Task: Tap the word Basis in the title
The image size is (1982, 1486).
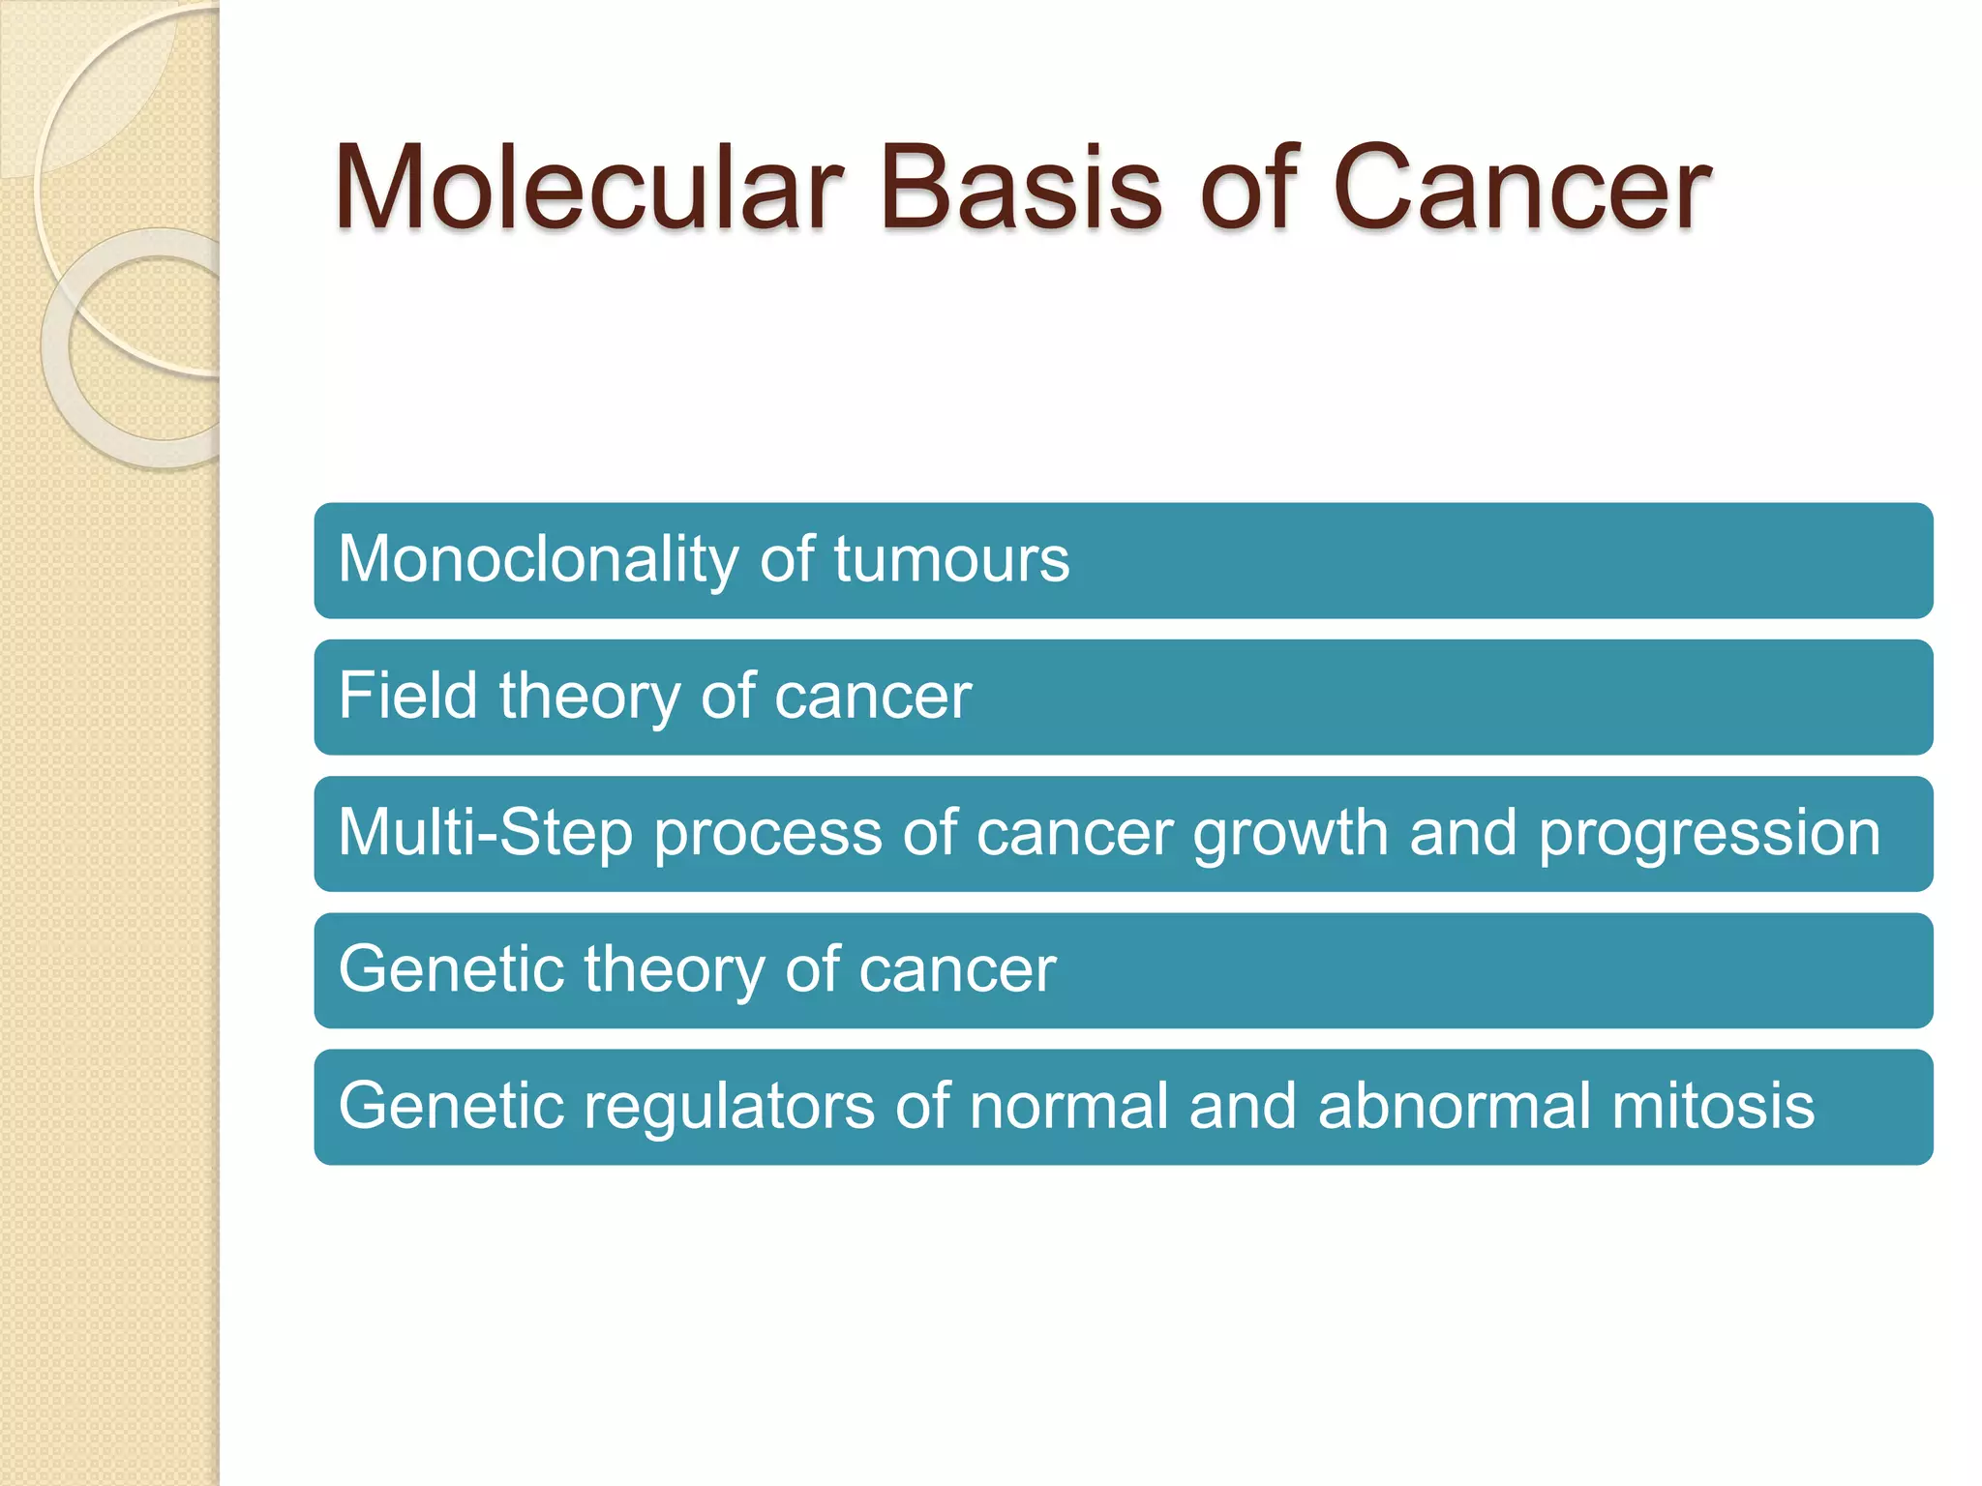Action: click(1020, 188)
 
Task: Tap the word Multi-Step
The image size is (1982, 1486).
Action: click(485, 833)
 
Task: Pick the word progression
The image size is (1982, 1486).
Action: click(1709, 835)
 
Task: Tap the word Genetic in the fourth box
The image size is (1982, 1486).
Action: click(451, 969)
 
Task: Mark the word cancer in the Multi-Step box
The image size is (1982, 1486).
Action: click(1074, 835)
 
